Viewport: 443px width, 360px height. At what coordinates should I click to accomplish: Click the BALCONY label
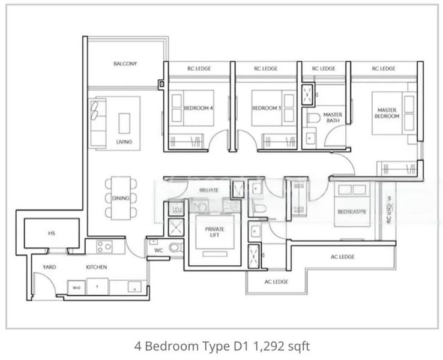(125, 64)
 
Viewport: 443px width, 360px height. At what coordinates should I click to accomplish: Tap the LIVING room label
(124, 142)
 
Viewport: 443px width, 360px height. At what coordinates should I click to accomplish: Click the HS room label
(51, 233)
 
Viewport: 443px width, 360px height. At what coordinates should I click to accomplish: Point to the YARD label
(49, 266)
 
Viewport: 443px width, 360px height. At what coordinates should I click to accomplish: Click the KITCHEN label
(97, 266)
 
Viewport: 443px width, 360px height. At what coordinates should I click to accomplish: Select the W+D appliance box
(76, 287)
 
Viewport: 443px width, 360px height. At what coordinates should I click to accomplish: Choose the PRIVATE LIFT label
(214, 232)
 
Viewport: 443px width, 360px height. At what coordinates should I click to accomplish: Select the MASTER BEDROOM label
(388, 113)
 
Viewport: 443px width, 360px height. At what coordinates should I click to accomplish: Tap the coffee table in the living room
(124, 123)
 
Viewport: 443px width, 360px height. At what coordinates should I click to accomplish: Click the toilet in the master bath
(312, 118)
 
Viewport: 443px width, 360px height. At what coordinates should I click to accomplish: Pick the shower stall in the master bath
(307, 94)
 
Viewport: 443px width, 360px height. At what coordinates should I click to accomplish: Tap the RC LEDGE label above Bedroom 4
(197, 69)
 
